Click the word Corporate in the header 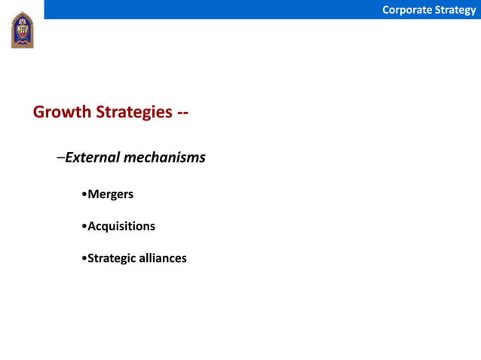(x=406, y=10)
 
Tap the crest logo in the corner (x=22, y=30)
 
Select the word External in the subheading (x=91, y=157)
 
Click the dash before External (x=60, y=158)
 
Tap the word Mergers (x=110, y=194)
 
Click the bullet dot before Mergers (x=83, y=195)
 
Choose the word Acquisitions (x=121, y=226)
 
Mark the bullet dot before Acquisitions (x=83, y=227)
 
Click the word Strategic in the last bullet (x=113, y=258)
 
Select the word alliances (x=164, y=258)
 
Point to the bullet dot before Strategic (x=83, y=259)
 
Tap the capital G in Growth (x=39, y=112)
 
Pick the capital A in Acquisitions (x=92, y=226)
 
